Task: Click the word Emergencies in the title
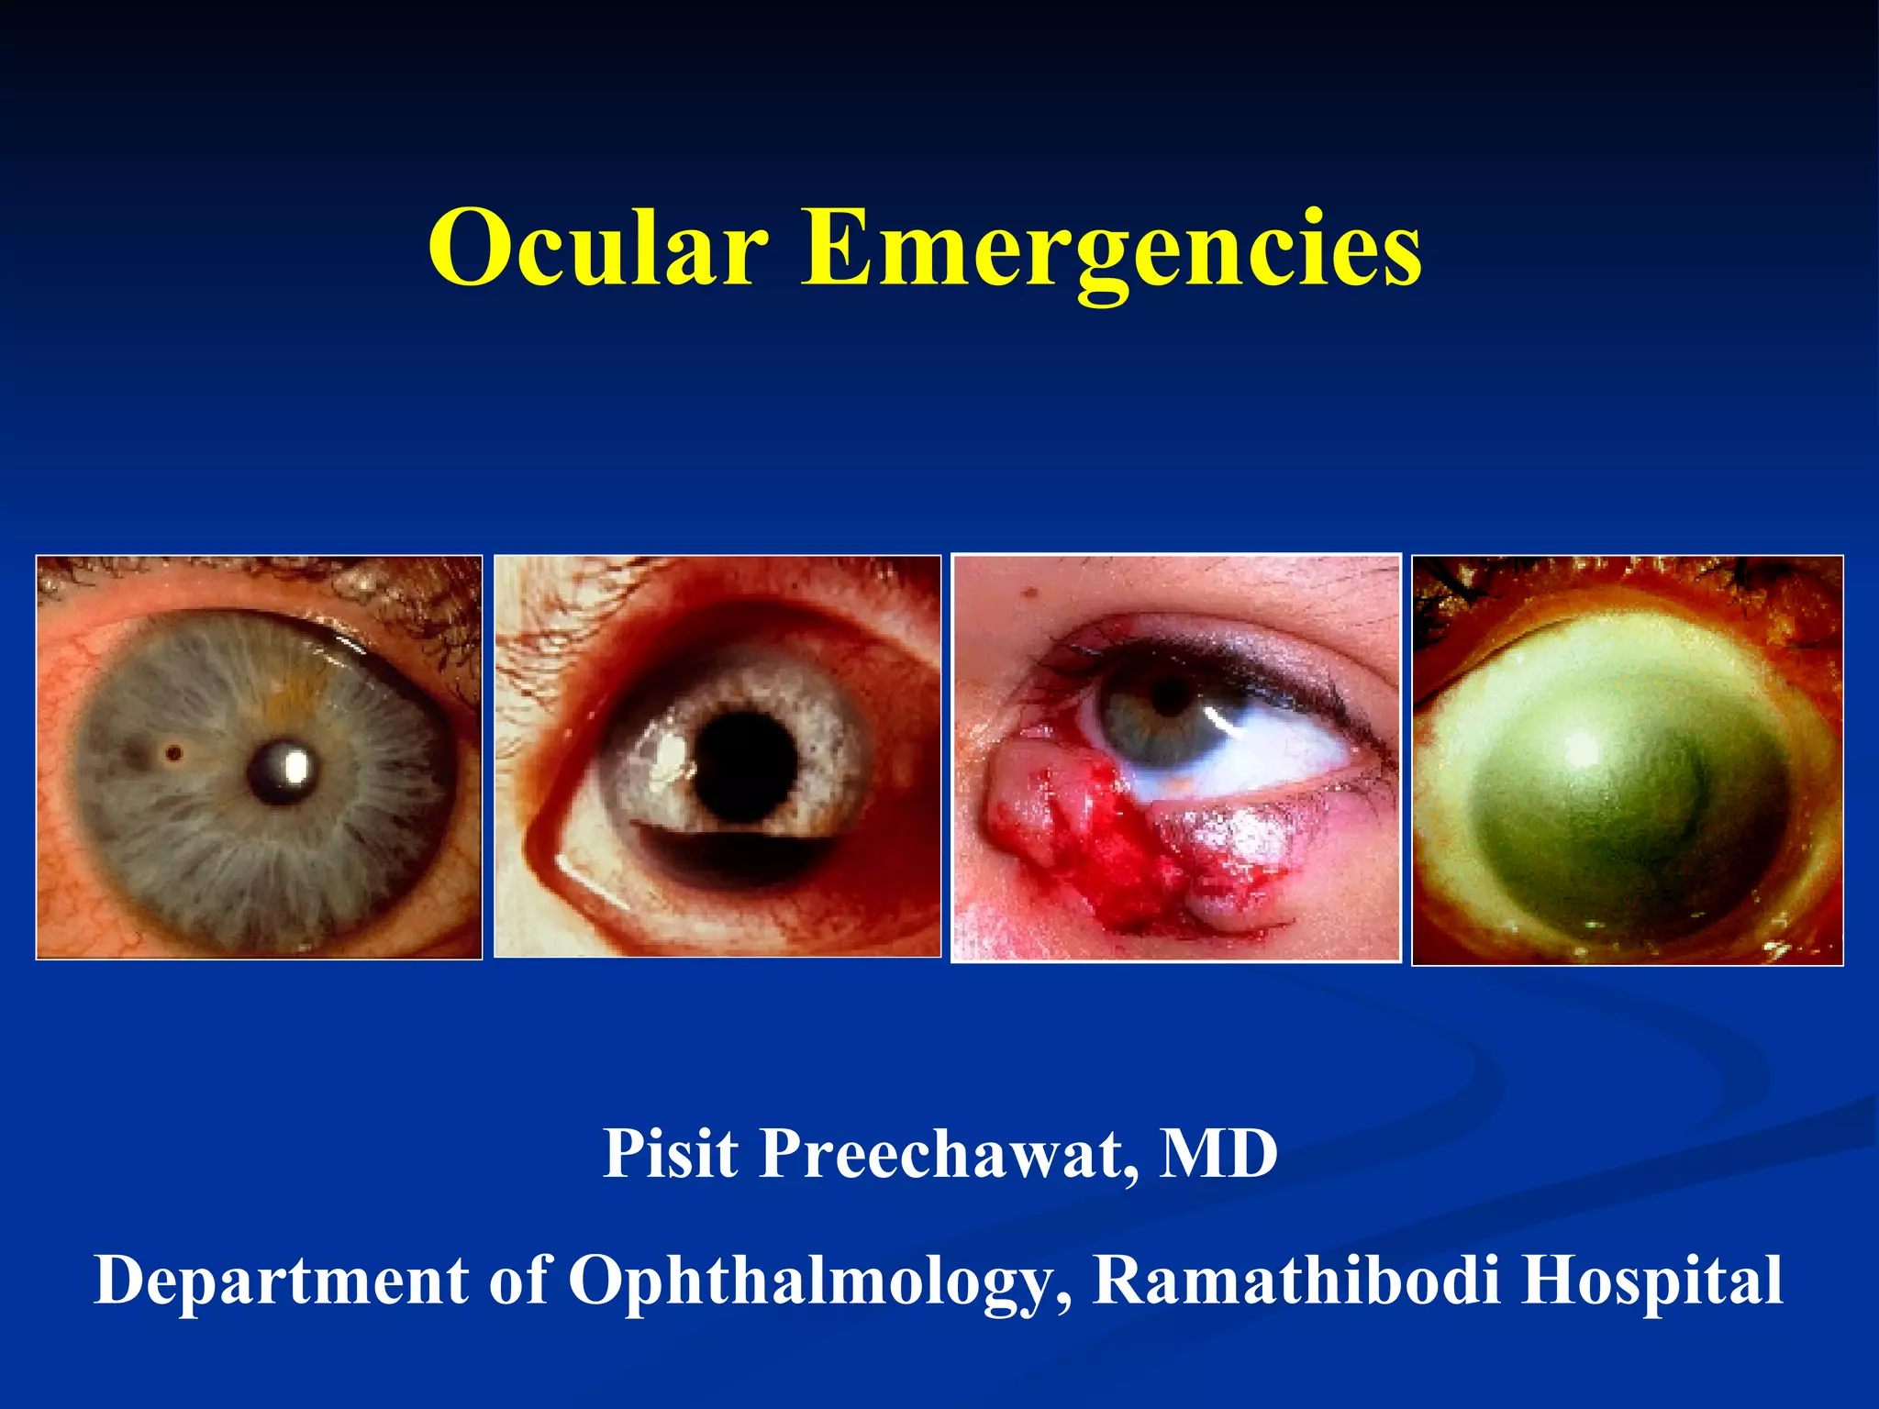coord(1111,248)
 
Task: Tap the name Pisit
coord(670,1153)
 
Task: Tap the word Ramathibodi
coord(1297,1280)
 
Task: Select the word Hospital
coord(1651,1280)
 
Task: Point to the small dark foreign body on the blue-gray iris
coord(172,754)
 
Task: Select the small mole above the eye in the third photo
coord(1029,594)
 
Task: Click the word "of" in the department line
coord(518,1280)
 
